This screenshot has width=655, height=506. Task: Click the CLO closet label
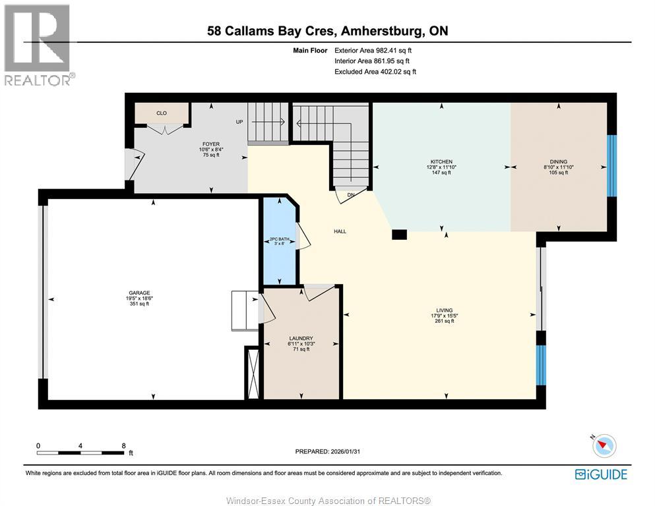click(x=162, y=113)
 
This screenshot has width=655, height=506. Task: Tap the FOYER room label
click(x=210, y=144)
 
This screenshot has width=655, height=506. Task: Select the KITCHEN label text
click(x=441, y=161)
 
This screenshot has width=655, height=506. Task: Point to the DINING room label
click(x=558, y=161)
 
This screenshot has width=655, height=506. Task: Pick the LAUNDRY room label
click(x=300, y=339)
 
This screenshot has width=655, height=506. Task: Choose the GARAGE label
click(x=140, y=293)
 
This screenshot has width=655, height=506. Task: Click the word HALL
click(x=340, y=231)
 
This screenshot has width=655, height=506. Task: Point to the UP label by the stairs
click(x=240, y=122)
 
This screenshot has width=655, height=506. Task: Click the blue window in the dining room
click(x=611, y=165)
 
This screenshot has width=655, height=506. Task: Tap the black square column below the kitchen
click(x=399, y=233)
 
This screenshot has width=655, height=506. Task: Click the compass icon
click(x=603, y=446)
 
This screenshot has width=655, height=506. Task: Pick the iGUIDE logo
click(x=601, y=474)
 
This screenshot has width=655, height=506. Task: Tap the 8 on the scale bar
click(x=123, y=445)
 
